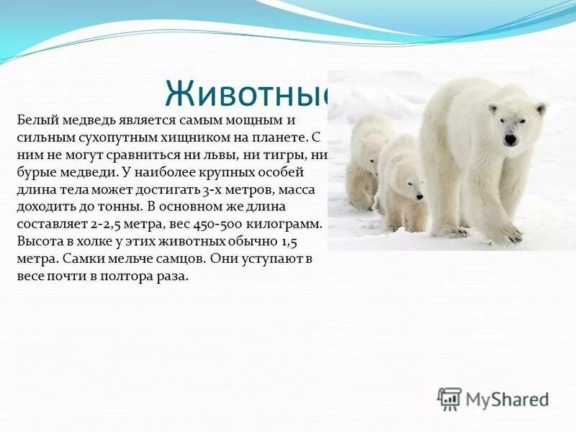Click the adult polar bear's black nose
510,140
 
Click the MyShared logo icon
449,399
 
